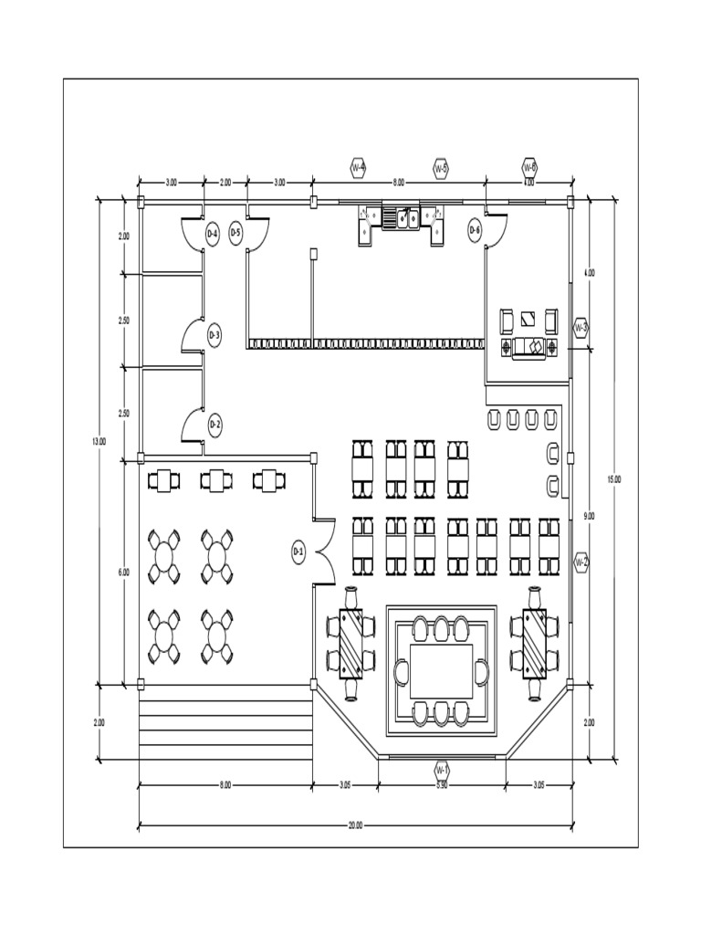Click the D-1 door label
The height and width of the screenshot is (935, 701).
click(x=298, y=551)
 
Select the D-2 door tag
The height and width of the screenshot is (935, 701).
click(x=214, y=425)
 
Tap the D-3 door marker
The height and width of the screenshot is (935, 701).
click(x=214, y=336)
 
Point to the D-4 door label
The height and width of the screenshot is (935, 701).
click(x=212, y=234)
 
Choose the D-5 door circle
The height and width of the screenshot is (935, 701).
click(x=235, y=234)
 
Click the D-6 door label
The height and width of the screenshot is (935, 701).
click(x=475, y=231)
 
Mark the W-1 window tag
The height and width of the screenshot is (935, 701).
click(x=441, y=769)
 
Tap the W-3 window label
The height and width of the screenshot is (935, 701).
click(x=581, y=328)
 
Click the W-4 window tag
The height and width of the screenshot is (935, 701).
click(x=358, y=168)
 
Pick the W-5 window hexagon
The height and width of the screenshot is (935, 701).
click(x=441, y=168)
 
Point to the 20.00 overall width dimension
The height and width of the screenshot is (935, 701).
click(x=355, y=825)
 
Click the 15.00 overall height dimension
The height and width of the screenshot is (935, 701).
click(x=614, y=478)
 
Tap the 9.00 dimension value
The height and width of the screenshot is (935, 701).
click(x=589, y=516)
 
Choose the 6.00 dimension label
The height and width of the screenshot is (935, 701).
click(x=124, y=573)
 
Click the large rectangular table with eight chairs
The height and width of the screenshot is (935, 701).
click(x=442, y=672)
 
